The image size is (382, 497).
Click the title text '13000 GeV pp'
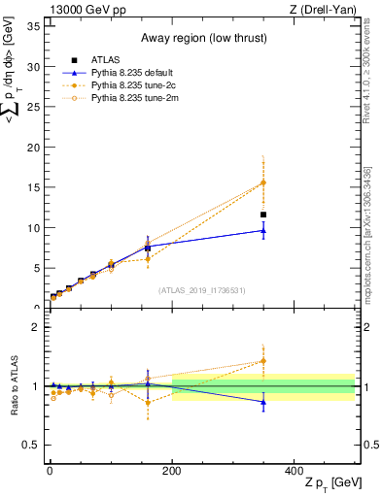pos(81,9)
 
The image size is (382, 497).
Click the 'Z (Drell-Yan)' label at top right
pos(329,9)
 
